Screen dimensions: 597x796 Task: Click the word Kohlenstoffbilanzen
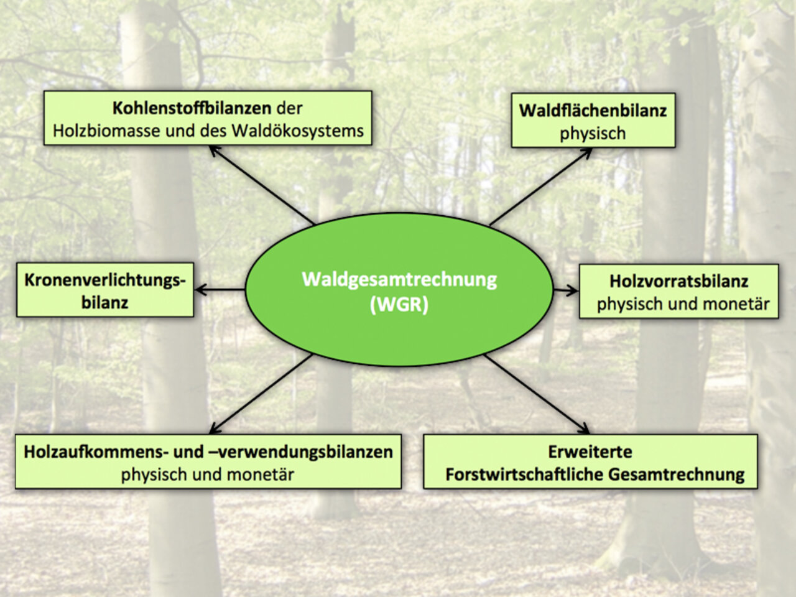click(192, 108)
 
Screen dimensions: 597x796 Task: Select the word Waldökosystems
click(297, 131)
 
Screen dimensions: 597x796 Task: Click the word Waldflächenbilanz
click(593, 111)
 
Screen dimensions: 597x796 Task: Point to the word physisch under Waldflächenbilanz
click(593, 134)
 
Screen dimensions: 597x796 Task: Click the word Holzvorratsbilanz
click(678, 281)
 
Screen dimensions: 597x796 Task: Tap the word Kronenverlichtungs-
click(105, 280)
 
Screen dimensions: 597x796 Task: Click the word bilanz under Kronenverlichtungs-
click(104, 303)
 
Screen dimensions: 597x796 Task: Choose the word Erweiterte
click(590, 451)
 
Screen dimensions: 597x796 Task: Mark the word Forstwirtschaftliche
click(524, 474)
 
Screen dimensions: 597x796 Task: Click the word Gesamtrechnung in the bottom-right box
click(676, 474)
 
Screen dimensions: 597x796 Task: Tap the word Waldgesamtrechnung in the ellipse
click(399, 279)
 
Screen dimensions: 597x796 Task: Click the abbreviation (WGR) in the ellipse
click(399, 305)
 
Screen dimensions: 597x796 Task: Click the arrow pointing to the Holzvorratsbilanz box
click(565, 290)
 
